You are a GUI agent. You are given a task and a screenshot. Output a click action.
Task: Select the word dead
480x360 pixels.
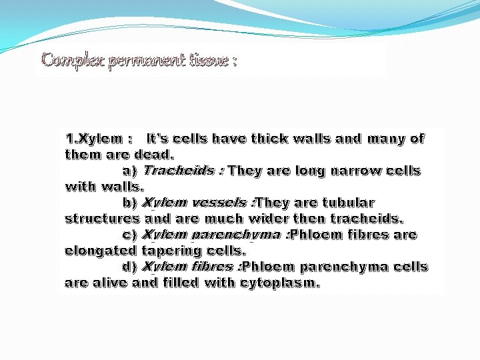coord(155,155)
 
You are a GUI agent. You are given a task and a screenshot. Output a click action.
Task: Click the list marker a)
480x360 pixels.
coord(130,171)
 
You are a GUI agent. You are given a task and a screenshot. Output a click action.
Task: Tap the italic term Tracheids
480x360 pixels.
coord(179,171)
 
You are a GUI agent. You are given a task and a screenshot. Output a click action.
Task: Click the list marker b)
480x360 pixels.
coord(130,203)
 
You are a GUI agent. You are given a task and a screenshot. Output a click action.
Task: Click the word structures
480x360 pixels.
coord(102,219)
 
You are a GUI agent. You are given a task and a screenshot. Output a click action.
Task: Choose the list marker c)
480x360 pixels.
coord(130,235)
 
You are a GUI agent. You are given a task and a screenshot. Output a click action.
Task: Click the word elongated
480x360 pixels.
coord(101,251)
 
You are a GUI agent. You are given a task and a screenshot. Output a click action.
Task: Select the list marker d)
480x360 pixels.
coord(130,267)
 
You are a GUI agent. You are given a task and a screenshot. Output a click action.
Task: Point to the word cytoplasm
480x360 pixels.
coord(279,283)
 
